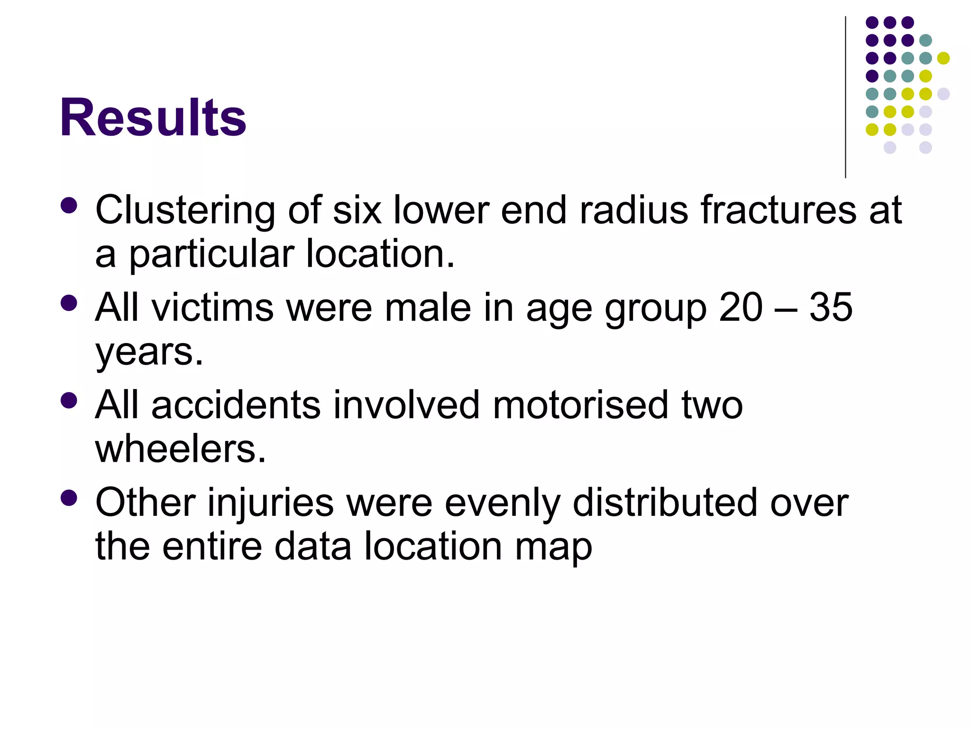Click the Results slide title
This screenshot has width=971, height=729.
coord(153,117)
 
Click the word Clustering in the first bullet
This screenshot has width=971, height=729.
coord(185,210)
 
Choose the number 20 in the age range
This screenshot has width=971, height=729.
coord(741,307)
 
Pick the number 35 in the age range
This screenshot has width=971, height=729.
coord(831,307)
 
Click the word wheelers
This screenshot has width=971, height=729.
coord(180,449)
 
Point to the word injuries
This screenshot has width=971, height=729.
coord(271,503)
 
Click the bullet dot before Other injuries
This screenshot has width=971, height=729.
coord(69,498)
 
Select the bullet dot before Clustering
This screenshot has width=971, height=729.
coord(69,206)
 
